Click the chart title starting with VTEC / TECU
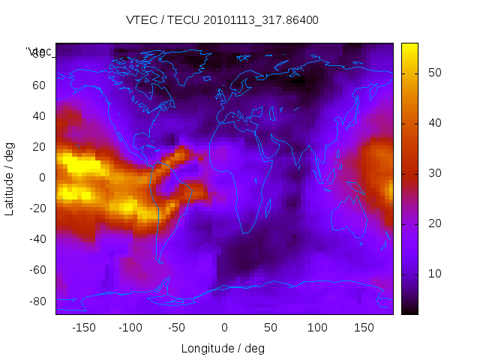click(222, 20)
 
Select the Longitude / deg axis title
click(223, 348)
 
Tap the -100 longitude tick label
click(130, 328)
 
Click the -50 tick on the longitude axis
click(177, 328)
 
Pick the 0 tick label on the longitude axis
click(223, 328)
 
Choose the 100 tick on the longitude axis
click(317, 328)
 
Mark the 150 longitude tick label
click(364, 328)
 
